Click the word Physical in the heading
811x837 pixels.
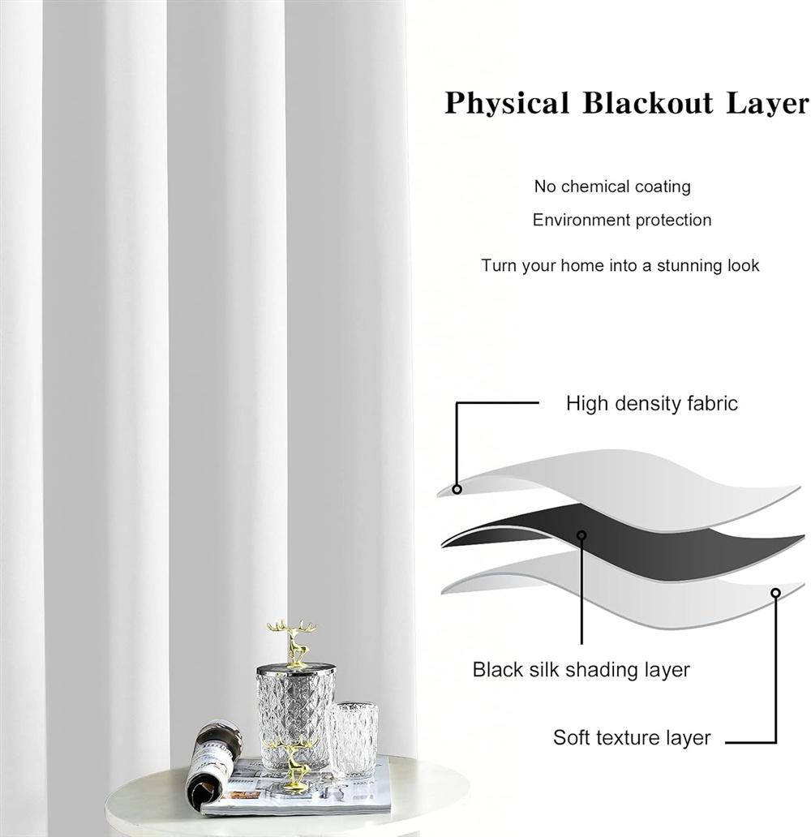[x=507, y=102]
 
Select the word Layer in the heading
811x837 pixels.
[x=768, y=102]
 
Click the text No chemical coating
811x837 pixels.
[x=612, y=187]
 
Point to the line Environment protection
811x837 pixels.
[x=622, y=220]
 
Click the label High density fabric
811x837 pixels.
[x=652, y=404]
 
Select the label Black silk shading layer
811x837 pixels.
[x=581, y=669]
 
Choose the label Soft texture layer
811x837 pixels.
[x=632, y=738]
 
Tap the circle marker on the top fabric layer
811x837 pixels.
[x=457, y=489]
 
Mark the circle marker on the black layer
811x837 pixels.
[x=582, y=534]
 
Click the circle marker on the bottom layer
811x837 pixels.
[x=776, y=593]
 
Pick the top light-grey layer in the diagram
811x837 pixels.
[x=620, y=488]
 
